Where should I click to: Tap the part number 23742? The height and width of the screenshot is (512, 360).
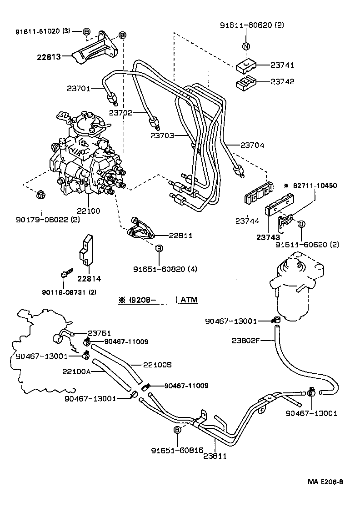[282, 82]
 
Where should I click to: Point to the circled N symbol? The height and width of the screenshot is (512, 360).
[245, 46]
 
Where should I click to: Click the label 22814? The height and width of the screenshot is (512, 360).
[89, 279]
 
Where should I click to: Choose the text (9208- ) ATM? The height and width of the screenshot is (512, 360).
[158, 300]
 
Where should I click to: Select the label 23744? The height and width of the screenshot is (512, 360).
[246, 221]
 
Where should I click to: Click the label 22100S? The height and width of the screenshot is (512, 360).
[157, 365]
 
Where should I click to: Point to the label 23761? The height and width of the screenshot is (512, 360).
[99, 333]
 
